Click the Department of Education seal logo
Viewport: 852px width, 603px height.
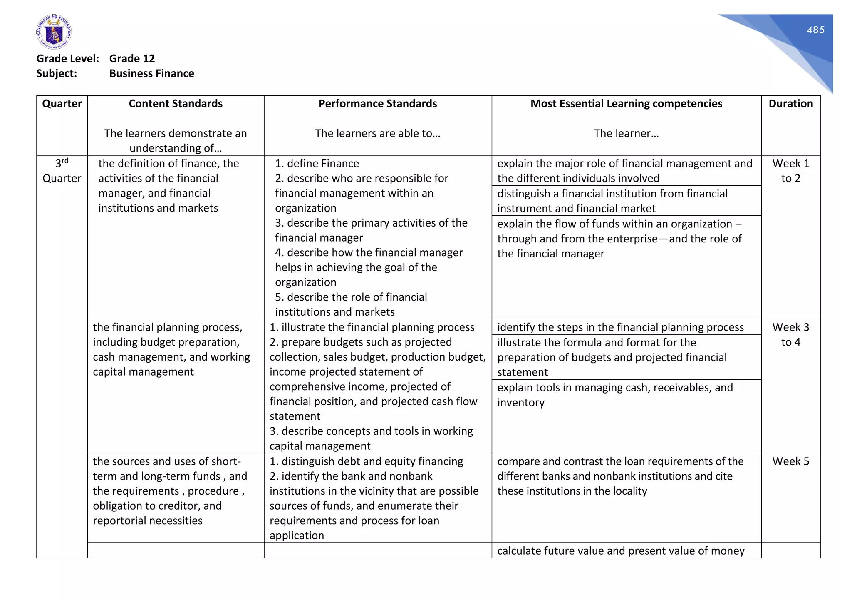(x=54, y=32)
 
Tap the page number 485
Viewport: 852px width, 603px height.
(x=815, y=30)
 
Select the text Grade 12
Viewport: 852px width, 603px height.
(x=132, y=59)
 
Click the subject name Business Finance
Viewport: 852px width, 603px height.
(x=151, y=74)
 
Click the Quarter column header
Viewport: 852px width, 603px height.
(x=62, y=104)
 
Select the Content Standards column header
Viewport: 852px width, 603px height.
(x=176, y=104)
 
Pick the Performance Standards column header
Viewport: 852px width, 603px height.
(x=377, y=104)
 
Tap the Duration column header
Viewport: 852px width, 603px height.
(x=790, y=104)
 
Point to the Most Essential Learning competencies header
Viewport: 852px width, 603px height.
(x=626, y=104)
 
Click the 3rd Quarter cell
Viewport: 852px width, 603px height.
(x=62, y=171)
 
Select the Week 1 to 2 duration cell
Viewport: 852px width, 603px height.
(x=790, y=171)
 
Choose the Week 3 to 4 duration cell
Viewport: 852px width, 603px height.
(x=790, y=335)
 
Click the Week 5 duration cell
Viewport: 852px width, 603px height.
(x=790, y=461)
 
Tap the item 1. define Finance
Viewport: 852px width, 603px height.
(x=317, y=164)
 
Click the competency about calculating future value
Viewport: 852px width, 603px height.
(x=620, y=551)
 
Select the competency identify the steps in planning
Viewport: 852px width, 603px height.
(x=620, y=327)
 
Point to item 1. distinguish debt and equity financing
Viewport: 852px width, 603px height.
(x=366, y=461)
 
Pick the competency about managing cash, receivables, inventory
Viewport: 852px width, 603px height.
(x=615, y=395)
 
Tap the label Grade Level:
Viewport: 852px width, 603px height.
(x=68, y=59)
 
